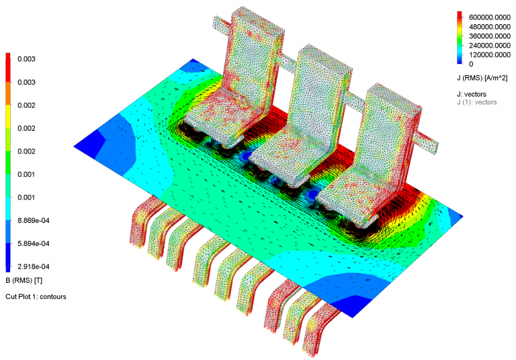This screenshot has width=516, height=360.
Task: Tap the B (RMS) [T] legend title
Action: click(x=24, y=279)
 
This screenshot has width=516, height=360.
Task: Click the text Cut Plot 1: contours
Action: click(x=36, y=296)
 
